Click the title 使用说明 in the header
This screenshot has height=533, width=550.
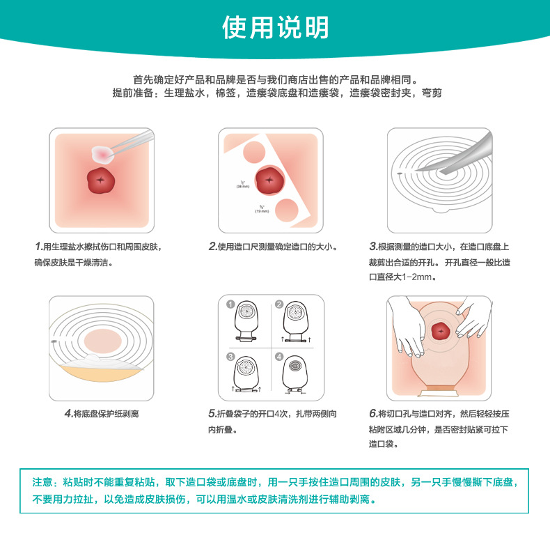[275, 27]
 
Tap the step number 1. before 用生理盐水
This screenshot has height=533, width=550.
[38, 247]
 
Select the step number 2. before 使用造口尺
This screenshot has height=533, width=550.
[213, 247]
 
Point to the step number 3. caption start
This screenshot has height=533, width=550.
[372, 247]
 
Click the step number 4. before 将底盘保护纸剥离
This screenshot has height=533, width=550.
[68, 413]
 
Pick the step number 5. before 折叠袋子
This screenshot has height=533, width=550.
[213, 413]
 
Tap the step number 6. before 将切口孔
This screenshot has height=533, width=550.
[372, 413]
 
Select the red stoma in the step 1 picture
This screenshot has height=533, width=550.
[102, 180]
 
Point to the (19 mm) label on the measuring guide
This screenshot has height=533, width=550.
[262, 210]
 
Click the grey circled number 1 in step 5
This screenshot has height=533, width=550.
[230, 304]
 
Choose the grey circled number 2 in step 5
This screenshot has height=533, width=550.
[278, 304]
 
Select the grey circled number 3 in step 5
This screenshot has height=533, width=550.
[230, 357]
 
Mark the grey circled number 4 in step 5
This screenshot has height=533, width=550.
[278, 357]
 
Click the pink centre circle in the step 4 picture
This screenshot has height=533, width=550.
[102, 341]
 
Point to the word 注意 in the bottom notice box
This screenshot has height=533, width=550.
[42, 482]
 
